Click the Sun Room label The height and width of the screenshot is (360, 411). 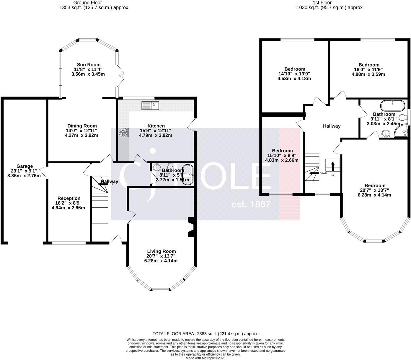pos(89,65)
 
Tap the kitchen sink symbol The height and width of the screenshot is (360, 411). pos(150,105)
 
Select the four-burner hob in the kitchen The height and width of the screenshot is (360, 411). pos(124,132)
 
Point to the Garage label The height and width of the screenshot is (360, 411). pos(25,166)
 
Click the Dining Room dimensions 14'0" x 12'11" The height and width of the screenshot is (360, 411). pos(81,131)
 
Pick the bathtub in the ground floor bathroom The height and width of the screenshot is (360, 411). pos(187,175)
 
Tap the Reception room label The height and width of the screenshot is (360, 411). pos(69,198)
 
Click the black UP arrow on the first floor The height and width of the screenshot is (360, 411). pos(333,166)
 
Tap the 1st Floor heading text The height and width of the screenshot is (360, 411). pos(330,3)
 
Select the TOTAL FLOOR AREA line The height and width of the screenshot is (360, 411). pos(205,334)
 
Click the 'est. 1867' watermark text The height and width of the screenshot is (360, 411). pos(251,204)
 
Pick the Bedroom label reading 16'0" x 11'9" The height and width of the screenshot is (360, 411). pos(369,65)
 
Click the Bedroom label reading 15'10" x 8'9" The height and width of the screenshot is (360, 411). pos(282,151)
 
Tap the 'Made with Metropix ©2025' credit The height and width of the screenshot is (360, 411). pos(205,358)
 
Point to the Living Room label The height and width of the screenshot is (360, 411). pos(161,251)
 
